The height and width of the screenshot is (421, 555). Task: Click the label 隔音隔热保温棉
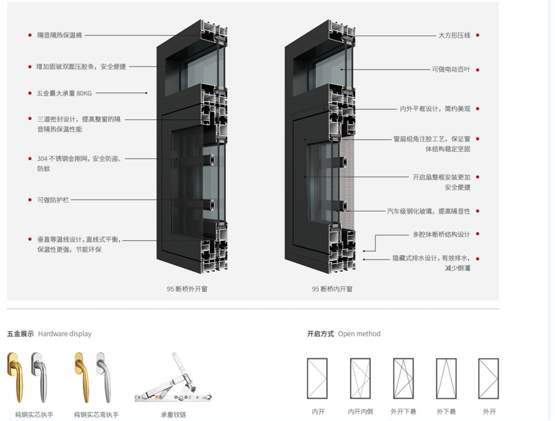point(60,35)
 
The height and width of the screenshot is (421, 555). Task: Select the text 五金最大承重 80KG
point(64,93)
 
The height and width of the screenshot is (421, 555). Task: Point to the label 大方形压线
point(454,35)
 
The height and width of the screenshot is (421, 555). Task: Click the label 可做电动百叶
point(451,70)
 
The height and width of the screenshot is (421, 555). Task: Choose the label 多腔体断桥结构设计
point(441,235)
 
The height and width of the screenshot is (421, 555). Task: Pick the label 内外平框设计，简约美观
point(435,109)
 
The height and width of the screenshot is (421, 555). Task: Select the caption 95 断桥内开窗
point(332,289)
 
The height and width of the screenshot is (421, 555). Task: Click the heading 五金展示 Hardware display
point(49,334)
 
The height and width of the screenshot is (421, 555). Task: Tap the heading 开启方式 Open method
point(343,334)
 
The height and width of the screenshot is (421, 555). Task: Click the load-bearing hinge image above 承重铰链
point(169,379)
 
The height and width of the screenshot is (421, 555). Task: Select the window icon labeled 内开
point(317,378)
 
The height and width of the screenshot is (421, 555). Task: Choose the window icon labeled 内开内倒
point(360,378)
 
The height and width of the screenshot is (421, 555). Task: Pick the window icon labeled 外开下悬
point(403,378)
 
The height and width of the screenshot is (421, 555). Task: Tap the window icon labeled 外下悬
point(446,378)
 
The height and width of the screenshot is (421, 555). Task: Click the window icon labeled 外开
point(488,378)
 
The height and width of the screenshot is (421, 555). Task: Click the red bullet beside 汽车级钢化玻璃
point(477,211)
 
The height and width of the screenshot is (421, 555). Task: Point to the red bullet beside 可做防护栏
point(30,200)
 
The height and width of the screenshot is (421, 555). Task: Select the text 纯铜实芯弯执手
point(96,415)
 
